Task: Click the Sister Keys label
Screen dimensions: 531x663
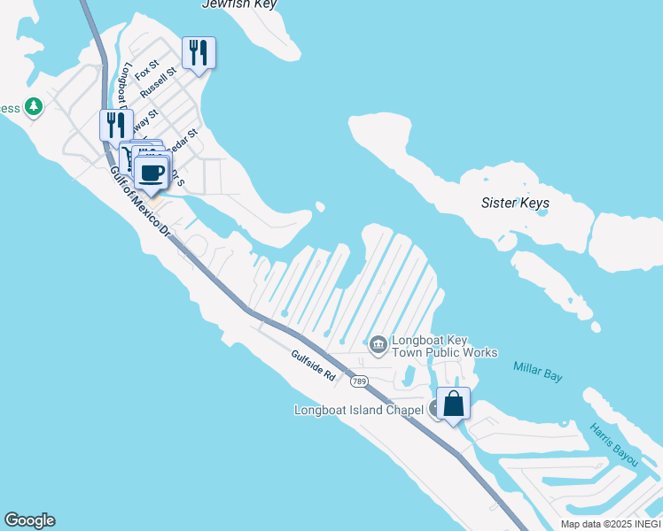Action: (x=515, y=203)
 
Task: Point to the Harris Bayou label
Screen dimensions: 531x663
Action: (x=613, y=445)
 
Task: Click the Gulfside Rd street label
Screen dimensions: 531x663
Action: (x=313, y=365)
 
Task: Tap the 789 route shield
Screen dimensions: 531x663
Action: (x=358, y=381)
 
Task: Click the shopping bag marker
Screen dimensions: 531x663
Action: (x=453, y=404)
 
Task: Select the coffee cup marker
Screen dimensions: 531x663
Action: (x=152, y=170)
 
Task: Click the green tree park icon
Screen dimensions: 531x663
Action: (x=34, y=107)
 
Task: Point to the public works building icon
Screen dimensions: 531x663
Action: (x=378, y=343)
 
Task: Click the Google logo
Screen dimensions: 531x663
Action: (x=29, y=520)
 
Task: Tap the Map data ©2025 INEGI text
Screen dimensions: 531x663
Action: (x=611, y=524)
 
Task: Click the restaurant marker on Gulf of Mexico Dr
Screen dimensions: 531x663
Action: (x=115, y=125)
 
